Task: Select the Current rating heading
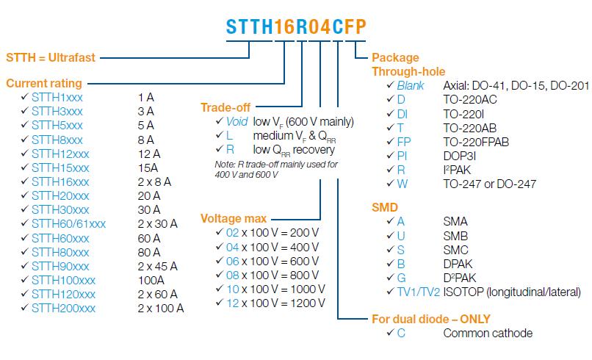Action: click(44, 84)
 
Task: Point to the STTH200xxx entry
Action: click(63, 309)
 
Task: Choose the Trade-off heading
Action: click(226, 107)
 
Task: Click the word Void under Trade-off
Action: click(237, 121)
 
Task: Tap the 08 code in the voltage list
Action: click(234, 275)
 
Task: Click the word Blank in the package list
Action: click(411, 86)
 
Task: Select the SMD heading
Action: click(386, 208)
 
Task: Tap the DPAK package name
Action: click(459, 263)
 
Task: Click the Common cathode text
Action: click(488, 334)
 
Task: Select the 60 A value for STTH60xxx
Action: click(148, 238)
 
